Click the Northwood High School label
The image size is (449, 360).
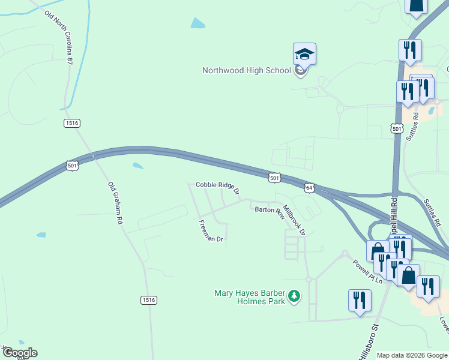coord(246,70)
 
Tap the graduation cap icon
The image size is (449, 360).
coord(304,55)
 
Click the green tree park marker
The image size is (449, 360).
coord(294,295)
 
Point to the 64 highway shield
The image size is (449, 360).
coord(309,188)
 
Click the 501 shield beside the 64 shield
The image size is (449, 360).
coord(274,178)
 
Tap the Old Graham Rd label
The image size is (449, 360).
coord(115,203)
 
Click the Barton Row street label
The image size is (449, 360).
coord(268,210)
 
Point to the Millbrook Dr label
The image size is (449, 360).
coord(294,220)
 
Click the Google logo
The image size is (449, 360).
coord(19,353)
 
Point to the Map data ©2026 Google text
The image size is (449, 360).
coord(411,355)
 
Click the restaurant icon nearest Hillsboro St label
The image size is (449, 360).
coord(360,300)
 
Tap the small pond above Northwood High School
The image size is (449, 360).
coord(197,23)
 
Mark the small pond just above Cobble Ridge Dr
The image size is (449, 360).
coord(138,166)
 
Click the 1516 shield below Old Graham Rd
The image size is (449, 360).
coord(149,299)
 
